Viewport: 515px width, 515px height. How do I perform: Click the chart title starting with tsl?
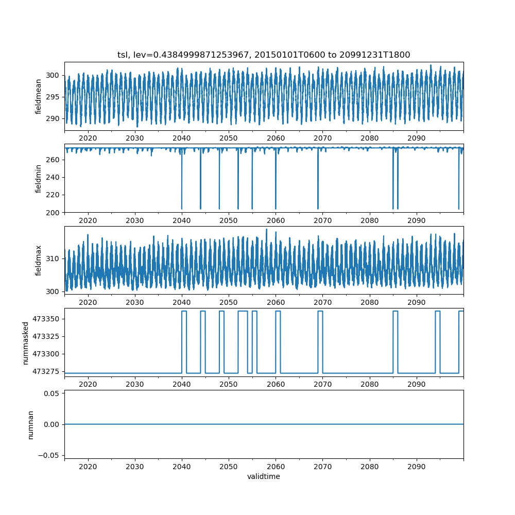click(x=264, y=55)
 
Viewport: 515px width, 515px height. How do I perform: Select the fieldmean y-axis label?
click(x=39, y=97)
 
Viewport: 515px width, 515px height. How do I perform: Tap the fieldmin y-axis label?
click(x=39, y=178)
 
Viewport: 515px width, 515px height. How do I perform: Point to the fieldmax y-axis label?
click(x=39, y=261)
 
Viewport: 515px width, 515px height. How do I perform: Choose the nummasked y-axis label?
click(x=25, y=342)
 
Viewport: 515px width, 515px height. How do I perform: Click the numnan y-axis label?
click(x=30, y=424)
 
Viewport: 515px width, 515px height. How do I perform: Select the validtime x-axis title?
click(x=264, y=476)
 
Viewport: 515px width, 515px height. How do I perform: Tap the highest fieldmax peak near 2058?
click(x=266, y=230)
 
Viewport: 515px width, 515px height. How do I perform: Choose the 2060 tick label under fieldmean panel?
click(x=276, y=139)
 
